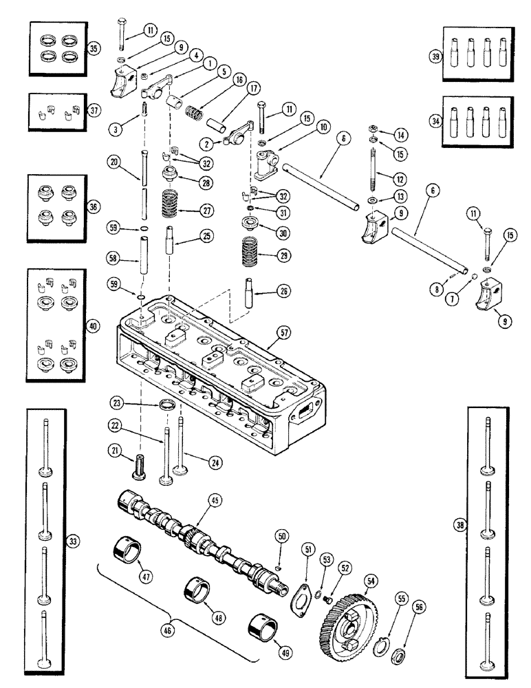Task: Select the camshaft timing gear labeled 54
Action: pos(347,619)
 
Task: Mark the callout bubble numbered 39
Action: pos(435,57)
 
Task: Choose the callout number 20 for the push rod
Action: pos(114,162)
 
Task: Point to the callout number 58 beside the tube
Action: pos(114,257)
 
